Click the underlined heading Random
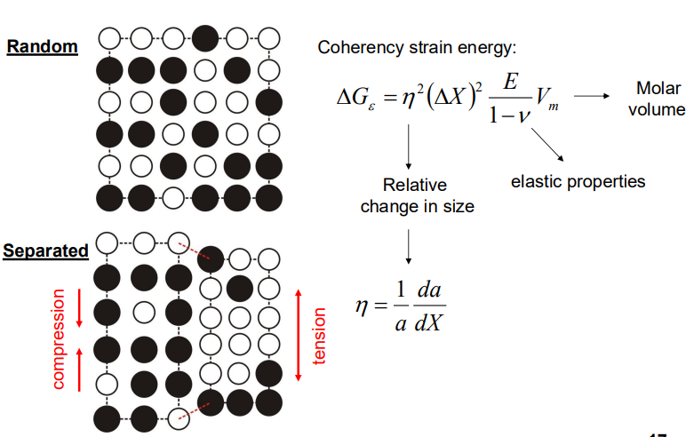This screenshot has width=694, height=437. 42,46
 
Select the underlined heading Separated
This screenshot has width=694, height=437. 46,250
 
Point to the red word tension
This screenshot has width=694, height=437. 320,336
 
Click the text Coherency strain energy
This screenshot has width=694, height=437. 416,46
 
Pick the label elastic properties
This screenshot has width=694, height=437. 578,181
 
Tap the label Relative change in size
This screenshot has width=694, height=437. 415,195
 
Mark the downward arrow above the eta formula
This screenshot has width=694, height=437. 407,245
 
